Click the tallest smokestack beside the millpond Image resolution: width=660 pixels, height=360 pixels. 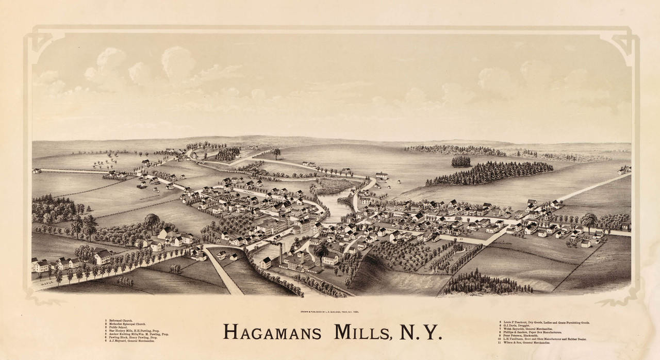[x=281, y=253]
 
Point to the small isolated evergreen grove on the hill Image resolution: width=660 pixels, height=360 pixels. [x=461, y=161]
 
